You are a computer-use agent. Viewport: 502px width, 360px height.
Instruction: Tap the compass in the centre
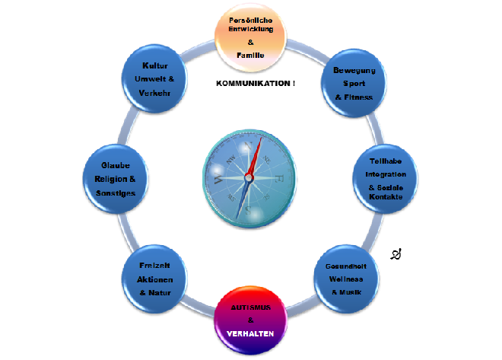pyautogui.click(x=249, y=177)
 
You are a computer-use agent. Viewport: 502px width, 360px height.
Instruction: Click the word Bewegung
pyautogui.click(x=354, y=71)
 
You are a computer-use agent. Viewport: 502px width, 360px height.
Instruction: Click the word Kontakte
pyautogui.click(x=386, y=197)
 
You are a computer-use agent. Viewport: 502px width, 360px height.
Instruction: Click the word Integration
pyautogui.click(x=385, y=175)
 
